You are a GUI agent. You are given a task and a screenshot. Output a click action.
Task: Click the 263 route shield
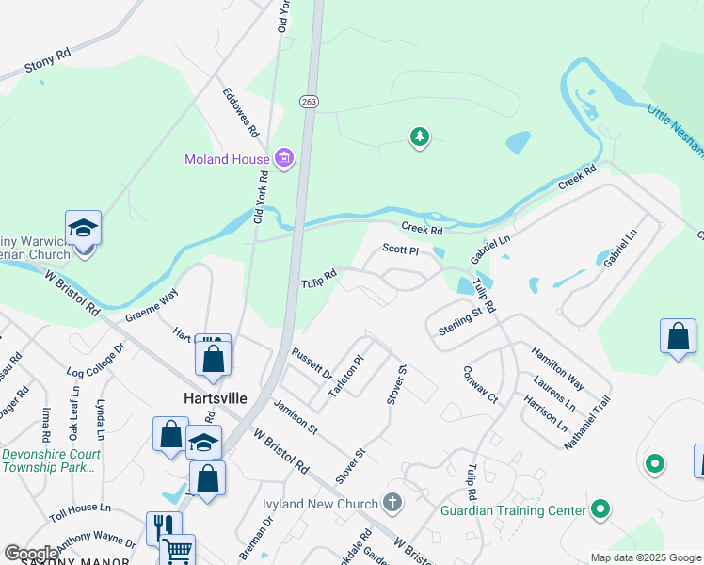[309, 101]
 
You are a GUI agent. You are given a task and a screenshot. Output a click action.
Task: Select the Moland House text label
[227, 159]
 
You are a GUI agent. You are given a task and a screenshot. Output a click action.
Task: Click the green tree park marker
[419, 138]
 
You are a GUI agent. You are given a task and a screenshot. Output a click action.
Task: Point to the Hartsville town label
[215, 398]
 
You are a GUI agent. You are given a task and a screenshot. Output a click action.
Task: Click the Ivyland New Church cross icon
[392, 504]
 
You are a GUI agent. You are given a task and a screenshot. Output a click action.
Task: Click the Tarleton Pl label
[345, 376]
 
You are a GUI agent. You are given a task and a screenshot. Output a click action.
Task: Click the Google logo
[32, 554]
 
